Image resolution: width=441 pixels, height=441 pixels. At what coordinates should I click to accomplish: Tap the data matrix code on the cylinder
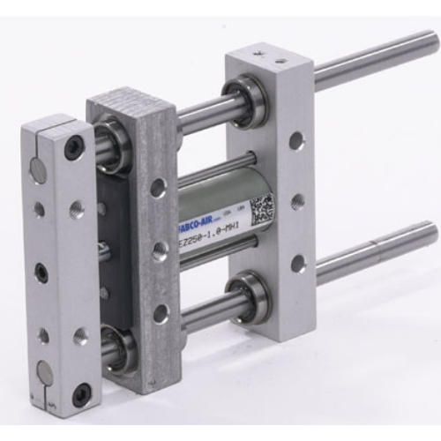(262, 212)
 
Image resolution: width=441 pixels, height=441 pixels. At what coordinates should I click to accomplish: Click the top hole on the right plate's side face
(297, 139)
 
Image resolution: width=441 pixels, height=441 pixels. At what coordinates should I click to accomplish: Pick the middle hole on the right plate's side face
(298, 201)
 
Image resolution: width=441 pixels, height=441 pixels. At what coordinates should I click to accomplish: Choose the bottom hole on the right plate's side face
(298, 263)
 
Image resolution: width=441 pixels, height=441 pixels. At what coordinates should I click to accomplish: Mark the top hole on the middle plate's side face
(158, 187)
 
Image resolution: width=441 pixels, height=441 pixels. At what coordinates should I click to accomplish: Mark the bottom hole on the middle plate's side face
(160, 313)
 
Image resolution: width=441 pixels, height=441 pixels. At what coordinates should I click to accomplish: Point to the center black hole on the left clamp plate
(41, 273)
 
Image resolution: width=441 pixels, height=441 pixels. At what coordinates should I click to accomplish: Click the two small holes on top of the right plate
(271, 58)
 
